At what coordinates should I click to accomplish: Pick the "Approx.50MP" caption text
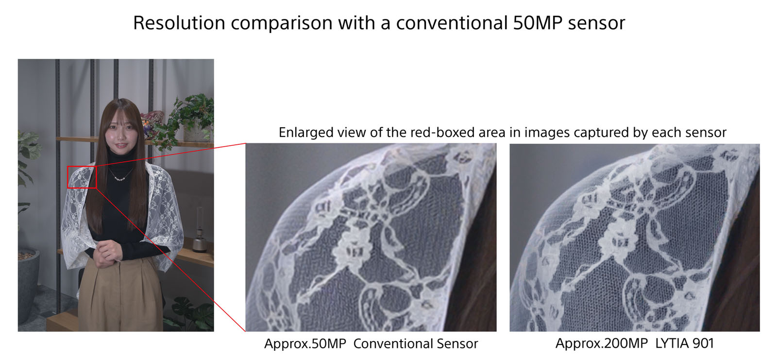point(305,344)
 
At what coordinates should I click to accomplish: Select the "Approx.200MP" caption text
point(601,343)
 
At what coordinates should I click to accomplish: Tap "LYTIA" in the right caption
point(672,343)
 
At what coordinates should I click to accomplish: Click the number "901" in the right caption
point(703,343)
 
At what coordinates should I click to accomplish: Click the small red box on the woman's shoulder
point(82,177)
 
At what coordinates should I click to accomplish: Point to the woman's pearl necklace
point(120,177)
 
